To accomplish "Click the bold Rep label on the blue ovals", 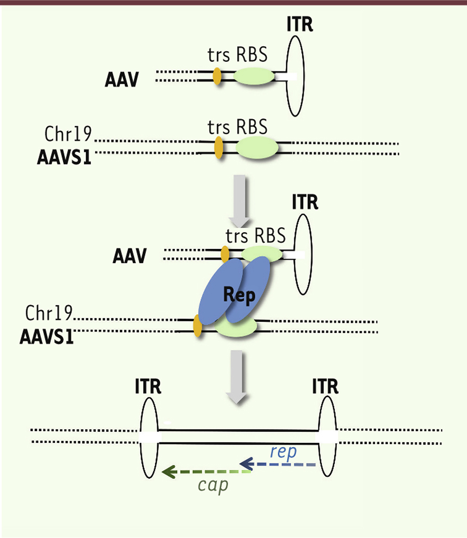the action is (239, 295).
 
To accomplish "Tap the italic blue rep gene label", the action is (284, 452).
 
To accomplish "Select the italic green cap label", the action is (213, 485).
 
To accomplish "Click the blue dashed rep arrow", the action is (278, 464).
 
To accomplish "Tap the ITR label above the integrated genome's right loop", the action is (325, 386).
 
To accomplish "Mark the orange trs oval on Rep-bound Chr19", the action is (198, 325).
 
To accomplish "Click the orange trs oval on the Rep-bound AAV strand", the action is (225, 254).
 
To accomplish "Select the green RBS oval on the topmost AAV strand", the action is (254, 76).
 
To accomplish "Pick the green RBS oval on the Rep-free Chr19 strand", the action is (257, 148).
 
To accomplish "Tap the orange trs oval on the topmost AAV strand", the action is (217, 76).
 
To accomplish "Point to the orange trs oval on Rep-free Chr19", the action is (219, 148).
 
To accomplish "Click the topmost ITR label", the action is (300, 24).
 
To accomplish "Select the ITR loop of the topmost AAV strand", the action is (295, 76).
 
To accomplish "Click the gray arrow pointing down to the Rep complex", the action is (239, 201).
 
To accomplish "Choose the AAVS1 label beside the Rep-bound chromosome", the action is (47, 337).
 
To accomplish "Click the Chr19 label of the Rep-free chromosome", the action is (68, 133).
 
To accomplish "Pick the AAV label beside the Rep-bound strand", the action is (130, 256).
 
